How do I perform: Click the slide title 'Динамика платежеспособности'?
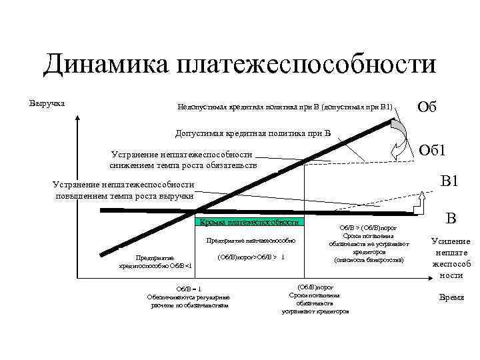coord(239,65)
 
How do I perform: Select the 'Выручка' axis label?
coord(47,103)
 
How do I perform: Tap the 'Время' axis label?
coord(451,297)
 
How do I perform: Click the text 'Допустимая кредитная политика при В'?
coord(253,132)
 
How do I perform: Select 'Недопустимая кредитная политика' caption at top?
coord(285,107)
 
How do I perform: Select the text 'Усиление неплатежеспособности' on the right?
coord(451,258)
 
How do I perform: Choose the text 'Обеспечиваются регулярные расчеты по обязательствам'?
coord(189,301)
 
